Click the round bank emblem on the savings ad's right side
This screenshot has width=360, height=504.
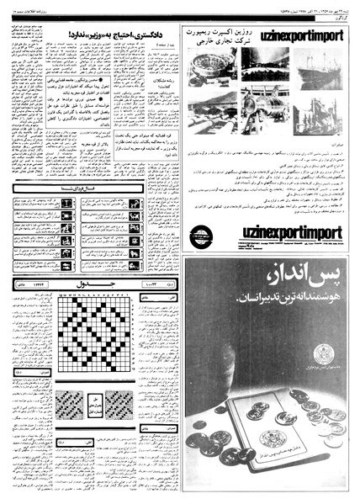click(x=321, y=353)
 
